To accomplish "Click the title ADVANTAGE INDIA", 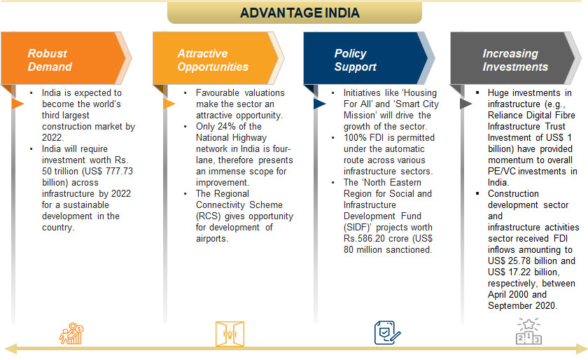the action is coord(300,13).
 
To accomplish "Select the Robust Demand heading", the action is coord(50,60).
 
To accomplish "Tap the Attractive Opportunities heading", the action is coord(213,60).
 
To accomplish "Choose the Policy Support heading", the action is coord(355,60).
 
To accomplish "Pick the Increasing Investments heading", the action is coord(515,60).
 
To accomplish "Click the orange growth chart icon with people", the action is coord(71,333).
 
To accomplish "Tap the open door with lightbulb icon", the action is coord(230,333).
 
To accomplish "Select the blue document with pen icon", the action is coord(387,333).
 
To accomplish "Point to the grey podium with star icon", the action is coord(528,331).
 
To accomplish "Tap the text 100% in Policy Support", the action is coord(353,138).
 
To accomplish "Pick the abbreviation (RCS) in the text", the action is coord(209,216).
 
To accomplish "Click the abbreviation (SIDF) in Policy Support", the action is coord(358,228).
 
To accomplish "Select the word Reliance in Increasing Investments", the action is coord(505,116).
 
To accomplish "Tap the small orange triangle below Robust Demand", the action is coord(17,104).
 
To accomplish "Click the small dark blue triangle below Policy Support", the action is coord(319,104).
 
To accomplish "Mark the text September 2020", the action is coord(521,306).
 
